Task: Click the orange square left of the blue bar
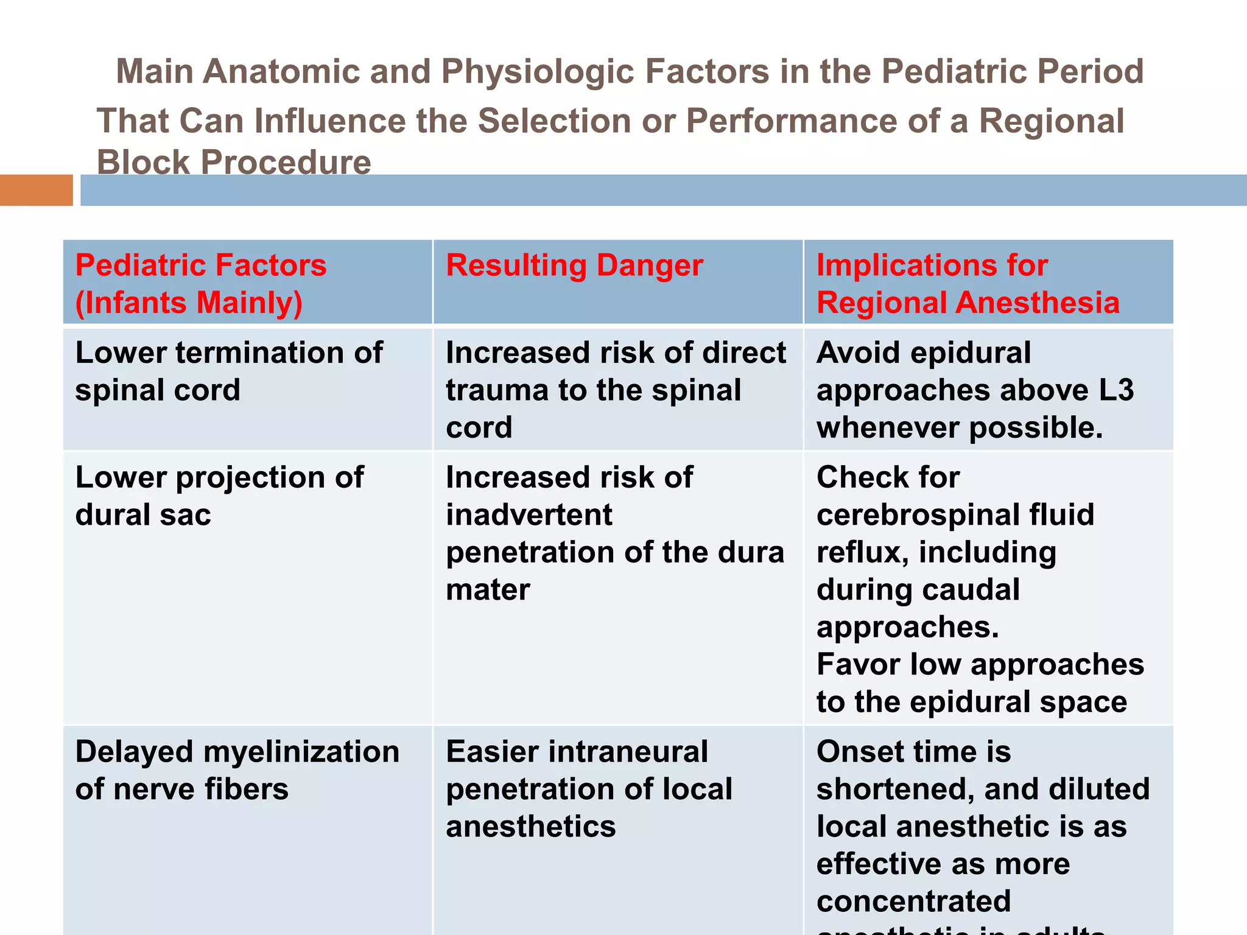click(36, 190)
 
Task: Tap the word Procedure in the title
click(286, 163)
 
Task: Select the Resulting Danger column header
click(574, 265)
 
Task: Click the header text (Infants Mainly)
click(189, 303)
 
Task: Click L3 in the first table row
click(1116, 390)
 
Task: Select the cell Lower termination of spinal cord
click(229, 371)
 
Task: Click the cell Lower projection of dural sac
click(219, 496)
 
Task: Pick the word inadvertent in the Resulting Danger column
click(529, 515)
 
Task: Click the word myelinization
click(301, 752)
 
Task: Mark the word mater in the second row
click(488, 590)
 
